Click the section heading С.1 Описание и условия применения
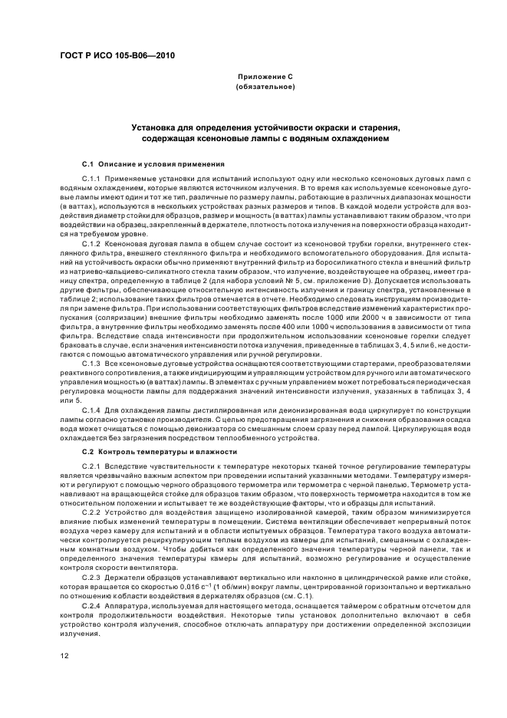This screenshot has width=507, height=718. (x=153, y=163)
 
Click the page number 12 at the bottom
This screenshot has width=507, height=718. (x=64, y=655)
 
